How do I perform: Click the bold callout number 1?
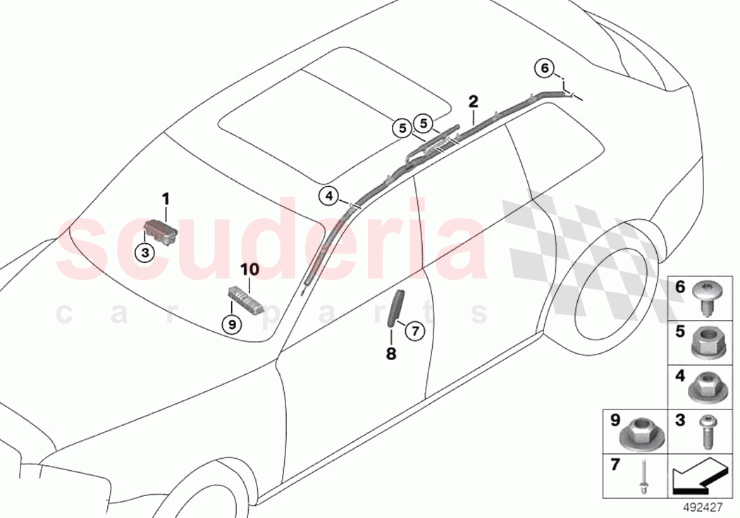click(x=166, y=199)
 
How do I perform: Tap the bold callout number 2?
click(x=473, y=101)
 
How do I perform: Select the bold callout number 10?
click(x=249, y=269)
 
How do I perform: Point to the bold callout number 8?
click(x=391, y=354)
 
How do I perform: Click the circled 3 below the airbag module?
click(x=144, y=252)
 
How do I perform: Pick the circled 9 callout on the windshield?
click(x=230, y=323)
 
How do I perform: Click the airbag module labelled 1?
click(x=161, y=231)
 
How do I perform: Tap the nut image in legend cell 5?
click(x=705, y=341)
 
